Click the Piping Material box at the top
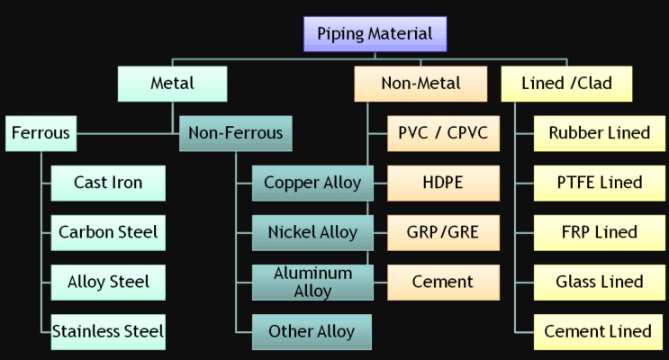pos(375,34)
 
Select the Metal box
pos(171,85)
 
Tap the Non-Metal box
pos(420,84)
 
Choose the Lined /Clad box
pos(566,84)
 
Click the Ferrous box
pos(41,134)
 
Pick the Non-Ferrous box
pos(235,134)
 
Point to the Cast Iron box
pos(107,184)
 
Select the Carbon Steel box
pos(107,232)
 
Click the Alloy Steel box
pos(107,282)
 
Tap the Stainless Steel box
pos(107,331)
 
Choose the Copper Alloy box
pos(312,184)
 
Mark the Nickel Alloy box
pos(312,232)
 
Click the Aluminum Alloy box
pos(312,282)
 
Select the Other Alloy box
pos(312,331)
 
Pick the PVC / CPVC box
pos(443,133)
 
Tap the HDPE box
pos(443,183)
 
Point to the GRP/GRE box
pos(443,232)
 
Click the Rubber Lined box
pos(599,133)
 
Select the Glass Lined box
pos(599,282)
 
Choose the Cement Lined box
pos(599,331)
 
